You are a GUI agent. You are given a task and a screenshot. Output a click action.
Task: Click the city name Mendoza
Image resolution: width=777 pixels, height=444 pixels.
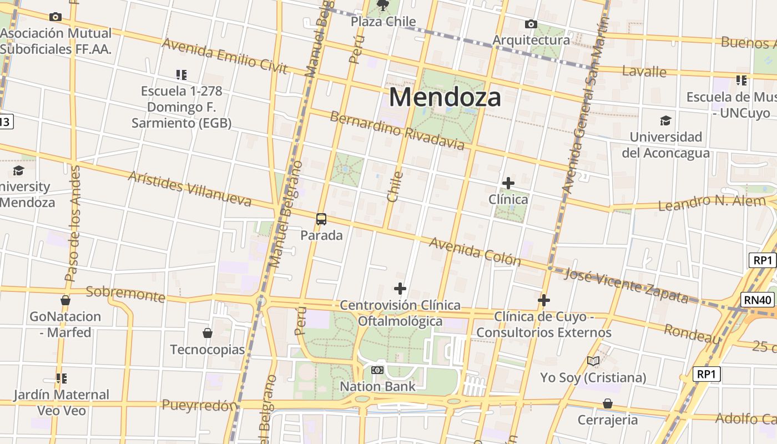(445, 97)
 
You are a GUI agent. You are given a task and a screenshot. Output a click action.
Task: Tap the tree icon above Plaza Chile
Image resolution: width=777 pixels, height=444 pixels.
(382, 6)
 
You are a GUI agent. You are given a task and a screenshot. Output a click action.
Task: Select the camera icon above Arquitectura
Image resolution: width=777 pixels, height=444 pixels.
(531, 24)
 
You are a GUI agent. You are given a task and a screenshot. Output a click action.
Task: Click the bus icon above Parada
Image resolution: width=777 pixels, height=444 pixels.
(321, 219)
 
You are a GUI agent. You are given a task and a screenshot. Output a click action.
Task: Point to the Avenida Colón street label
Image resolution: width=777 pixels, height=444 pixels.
(475, 251)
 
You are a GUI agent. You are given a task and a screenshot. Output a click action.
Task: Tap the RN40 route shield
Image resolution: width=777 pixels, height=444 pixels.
(758, 300)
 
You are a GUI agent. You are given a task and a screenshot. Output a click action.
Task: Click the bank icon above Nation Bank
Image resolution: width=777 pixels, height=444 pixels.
(377, 370)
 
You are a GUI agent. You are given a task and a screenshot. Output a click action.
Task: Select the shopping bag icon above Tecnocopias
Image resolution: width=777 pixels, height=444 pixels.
(208, 333)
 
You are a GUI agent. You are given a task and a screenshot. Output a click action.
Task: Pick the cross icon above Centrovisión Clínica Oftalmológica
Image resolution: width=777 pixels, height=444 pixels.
(400, 289)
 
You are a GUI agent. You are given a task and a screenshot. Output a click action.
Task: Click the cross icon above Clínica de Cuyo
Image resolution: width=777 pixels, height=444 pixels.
(544, 300)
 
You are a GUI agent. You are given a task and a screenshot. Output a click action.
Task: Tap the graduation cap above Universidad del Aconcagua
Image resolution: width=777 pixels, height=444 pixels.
(665, 120)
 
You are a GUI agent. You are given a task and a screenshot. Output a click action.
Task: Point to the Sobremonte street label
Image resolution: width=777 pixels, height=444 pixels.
(125, 294)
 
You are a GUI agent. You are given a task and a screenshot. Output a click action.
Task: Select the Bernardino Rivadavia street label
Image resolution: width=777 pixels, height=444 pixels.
(397, 131)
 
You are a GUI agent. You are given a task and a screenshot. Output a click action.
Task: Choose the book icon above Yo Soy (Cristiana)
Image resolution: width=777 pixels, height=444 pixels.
(593, 361)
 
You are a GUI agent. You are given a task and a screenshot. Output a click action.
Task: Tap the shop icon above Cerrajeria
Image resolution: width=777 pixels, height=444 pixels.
(608, 403)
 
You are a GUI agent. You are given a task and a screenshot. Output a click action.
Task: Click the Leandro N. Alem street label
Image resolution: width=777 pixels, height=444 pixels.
(712, 203)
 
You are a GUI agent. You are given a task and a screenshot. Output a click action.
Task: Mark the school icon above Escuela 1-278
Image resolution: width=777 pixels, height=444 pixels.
(181, 74)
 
